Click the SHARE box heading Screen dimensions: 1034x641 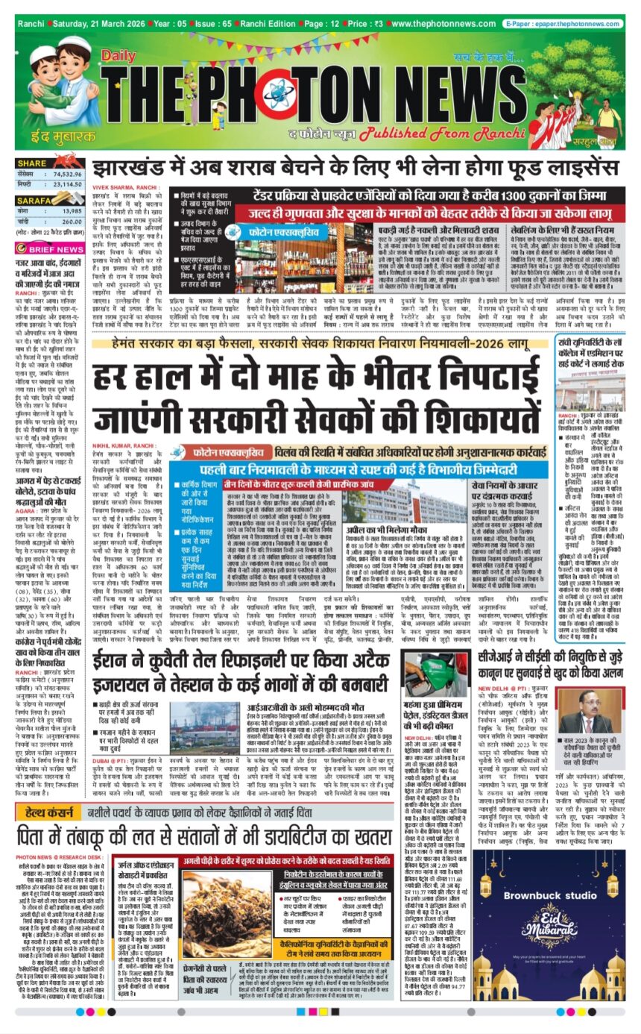[x=33, y=163]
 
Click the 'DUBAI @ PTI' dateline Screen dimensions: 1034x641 [x=113, y=754]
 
